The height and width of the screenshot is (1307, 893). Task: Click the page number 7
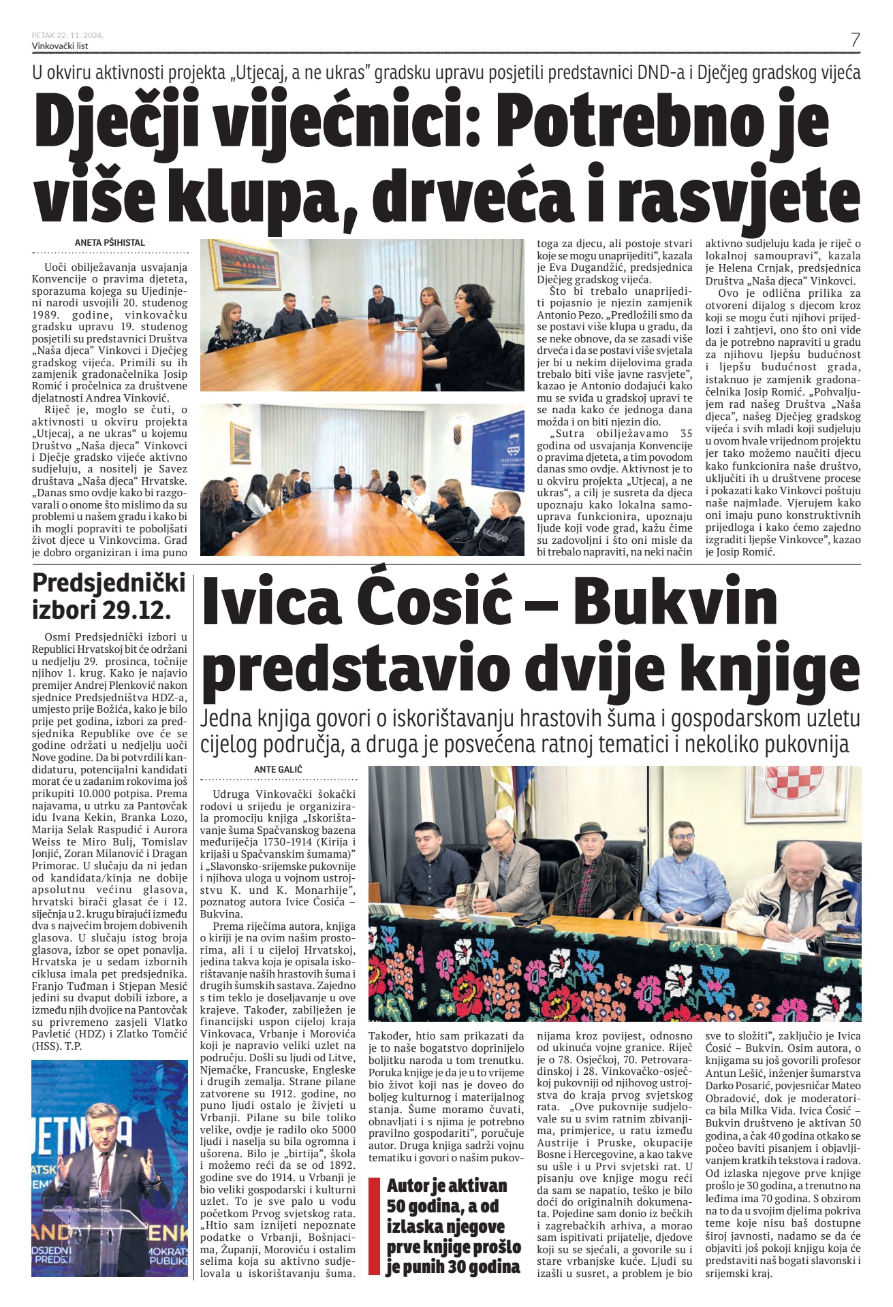pos(855,39)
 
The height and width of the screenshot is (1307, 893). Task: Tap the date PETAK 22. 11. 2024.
pos(67,35)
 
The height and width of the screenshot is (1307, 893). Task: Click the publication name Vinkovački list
pos(60,46)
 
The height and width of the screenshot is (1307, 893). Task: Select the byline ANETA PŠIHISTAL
pos(110,242)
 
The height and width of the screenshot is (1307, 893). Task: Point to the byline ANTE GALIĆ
pos(278,769)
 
